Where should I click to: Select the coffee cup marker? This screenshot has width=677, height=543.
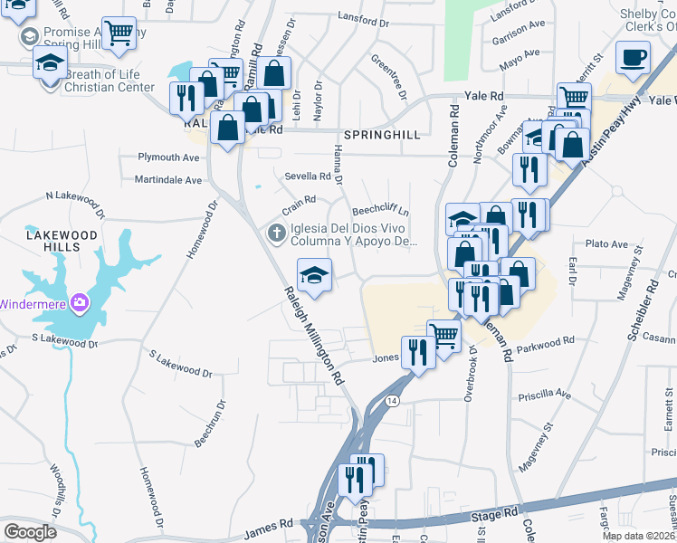pos(633,58)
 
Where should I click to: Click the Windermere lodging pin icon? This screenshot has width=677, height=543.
pos(80,302)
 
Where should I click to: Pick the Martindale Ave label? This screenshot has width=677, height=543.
pos(168,180)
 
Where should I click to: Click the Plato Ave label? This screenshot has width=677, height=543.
pos(606,244)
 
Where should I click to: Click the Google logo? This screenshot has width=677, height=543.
pos(30,532)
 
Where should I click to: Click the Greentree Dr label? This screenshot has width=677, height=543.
pos(389,76)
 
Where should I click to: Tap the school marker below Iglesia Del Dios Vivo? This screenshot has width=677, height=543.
pos(314,275)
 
